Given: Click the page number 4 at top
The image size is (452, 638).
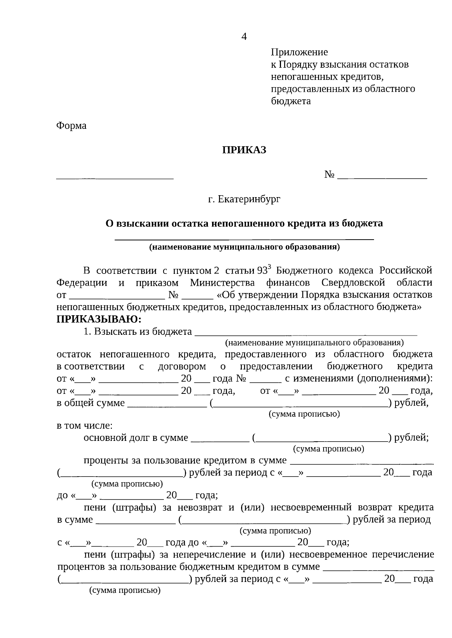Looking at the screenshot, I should tap(244, 37).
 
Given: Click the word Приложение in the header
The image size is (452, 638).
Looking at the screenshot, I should tap(299, 52).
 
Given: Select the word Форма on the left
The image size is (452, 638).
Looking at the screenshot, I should tap(71, 126).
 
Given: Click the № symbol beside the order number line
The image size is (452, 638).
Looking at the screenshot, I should tap(330, 175).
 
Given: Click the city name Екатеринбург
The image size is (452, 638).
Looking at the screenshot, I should tap(249, 199).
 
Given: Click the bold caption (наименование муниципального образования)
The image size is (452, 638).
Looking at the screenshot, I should tap(244, 248).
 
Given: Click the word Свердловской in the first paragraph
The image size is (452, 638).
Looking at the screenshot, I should tap(353, 283).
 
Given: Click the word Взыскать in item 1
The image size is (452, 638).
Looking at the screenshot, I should tap(112, 332).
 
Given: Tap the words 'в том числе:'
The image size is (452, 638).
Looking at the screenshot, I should tap(84, 426).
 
